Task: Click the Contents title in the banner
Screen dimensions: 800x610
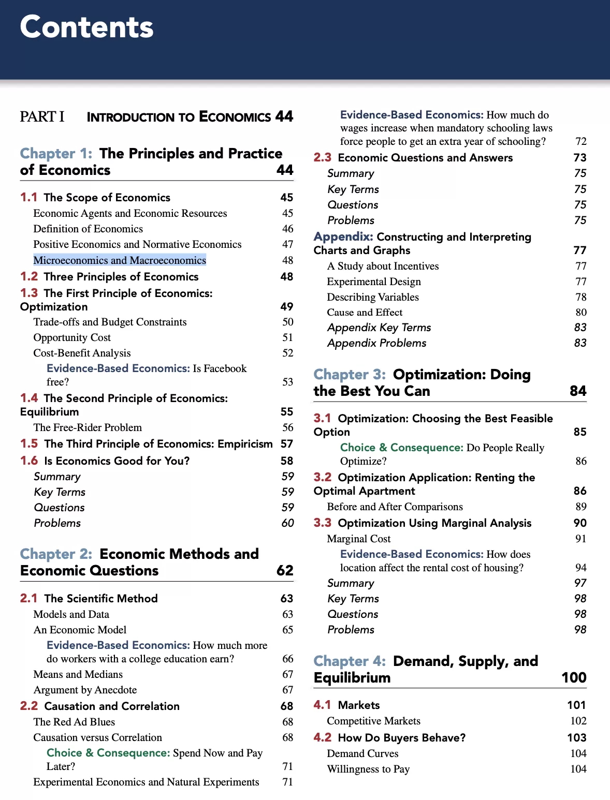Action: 86,27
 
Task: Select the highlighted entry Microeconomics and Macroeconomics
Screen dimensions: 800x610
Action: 120,260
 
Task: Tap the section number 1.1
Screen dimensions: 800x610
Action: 28,197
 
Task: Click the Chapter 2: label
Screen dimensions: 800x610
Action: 56,554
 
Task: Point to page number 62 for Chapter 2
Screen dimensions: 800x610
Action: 285,570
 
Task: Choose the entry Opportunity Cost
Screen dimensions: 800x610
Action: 72,337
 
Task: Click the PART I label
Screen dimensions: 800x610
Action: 42,116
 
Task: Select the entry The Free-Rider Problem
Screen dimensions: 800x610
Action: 88,427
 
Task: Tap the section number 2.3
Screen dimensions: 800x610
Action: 322,157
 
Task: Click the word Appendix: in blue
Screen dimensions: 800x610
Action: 343,236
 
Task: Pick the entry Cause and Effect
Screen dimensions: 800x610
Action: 365,312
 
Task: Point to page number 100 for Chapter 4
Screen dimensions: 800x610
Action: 574,677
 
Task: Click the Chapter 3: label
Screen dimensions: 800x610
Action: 350,374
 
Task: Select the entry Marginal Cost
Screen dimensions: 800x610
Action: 359,539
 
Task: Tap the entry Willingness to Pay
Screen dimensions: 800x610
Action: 368,769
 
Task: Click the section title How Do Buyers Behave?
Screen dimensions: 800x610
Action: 401,737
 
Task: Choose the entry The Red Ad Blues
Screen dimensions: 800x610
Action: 74,722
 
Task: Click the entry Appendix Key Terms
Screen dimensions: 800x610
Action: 379,328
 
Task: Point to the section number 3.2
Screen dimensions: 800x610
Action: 322,477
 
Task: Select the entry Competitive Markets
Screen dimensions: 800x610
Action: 373,721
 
